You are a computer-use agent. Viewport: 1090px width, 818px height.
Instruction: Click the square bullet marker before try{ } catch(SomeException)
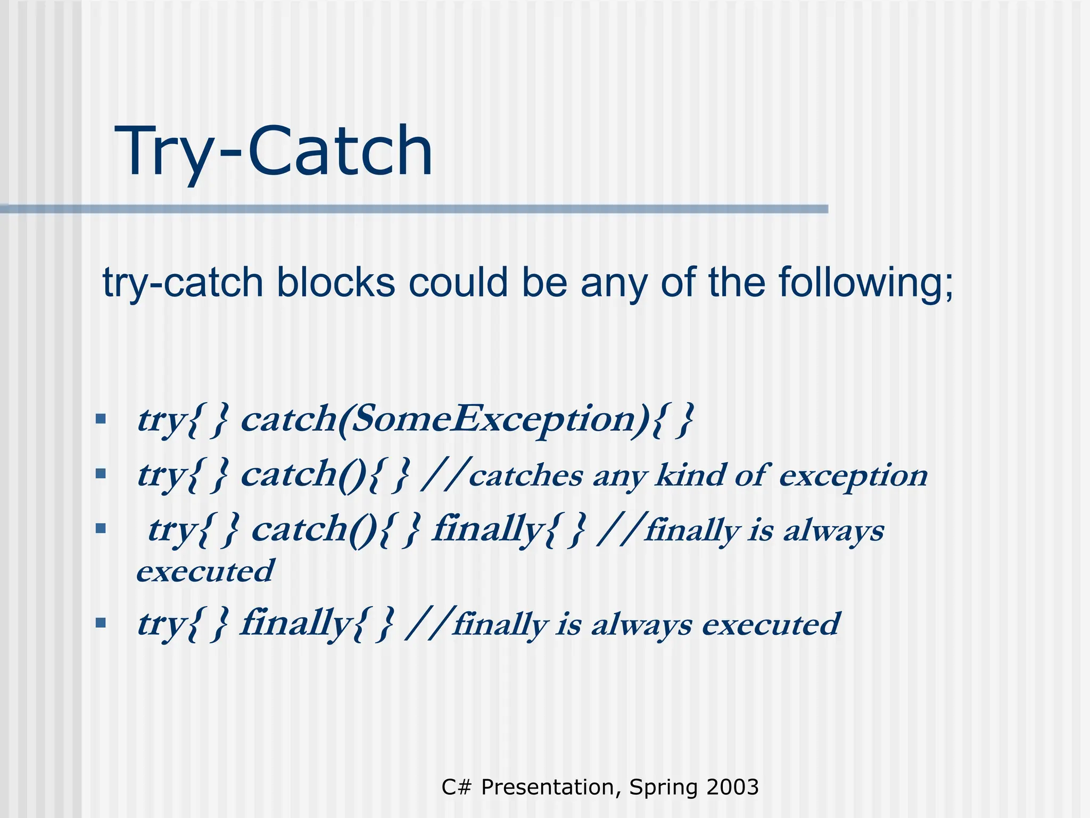101,419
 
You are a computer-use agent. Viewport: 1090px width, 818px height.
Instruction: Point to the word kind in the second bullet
689,475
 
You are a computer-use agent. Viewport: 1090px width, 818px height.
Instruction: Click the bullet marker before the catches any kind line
101,473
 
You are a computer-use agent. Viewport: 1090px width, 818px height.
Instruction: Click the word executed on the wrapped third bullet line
205,571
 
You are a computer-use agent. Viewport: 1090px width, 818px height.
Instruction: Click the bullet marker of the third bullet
101,528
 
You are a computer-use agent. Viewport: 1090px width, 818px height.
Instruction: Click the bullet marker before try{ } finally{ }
101,622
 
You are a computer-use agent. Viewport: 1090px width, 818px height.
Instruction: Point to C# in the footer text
456,787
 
